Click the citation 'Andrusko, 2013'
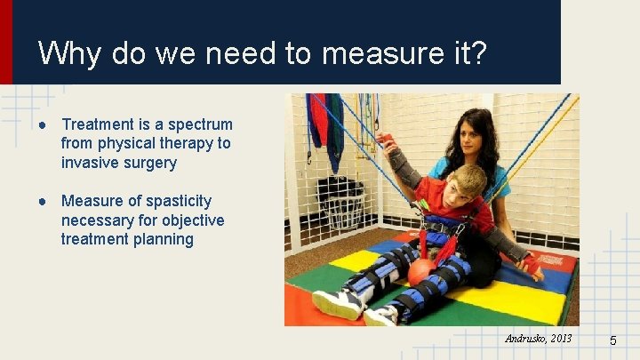(539, 339)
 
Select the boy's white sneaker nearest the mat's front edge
(336, 303)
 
